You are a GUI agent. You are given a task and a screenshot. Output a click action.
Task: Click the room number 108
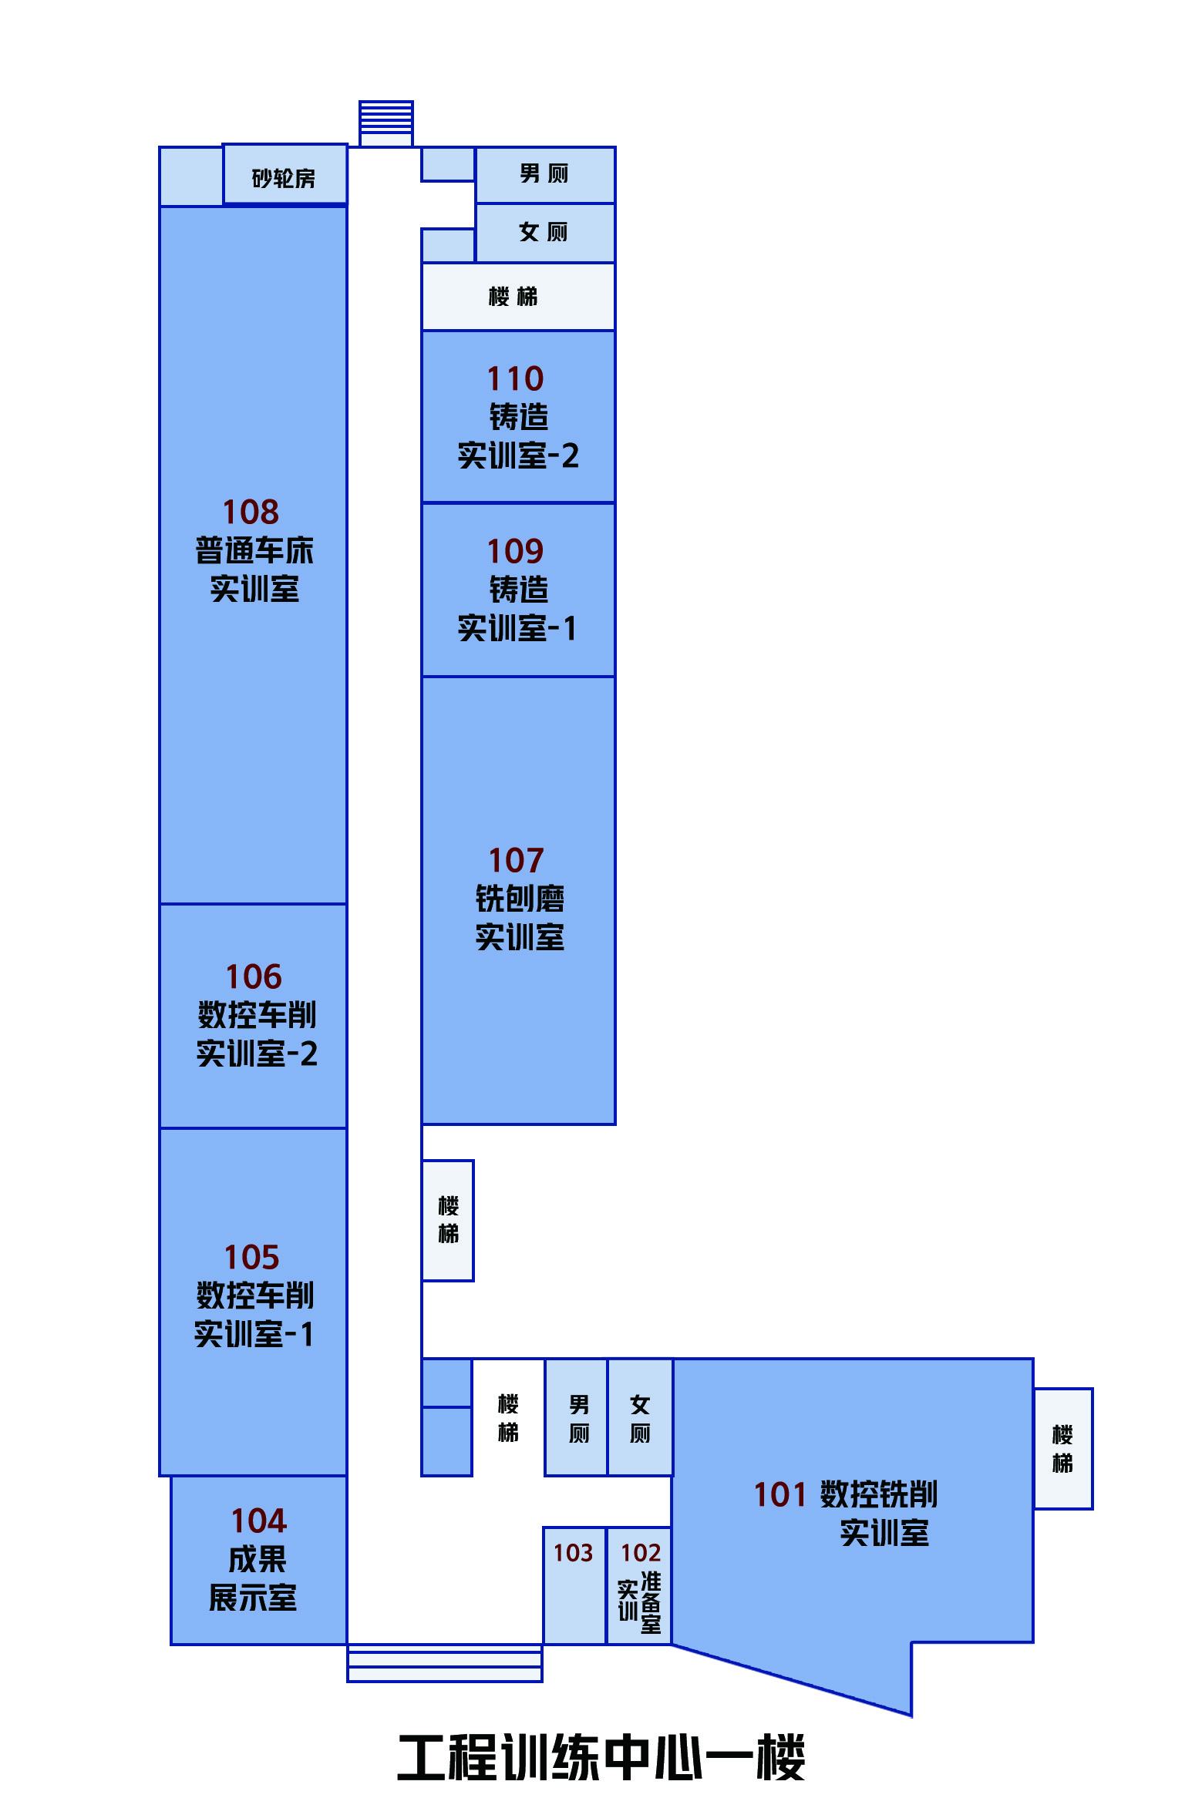point(251,512)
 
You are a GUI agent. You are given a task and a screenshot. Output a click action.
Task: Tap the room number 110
point(515,378)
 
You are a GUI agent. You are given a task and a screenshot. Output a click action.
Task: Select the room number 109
point(515,551)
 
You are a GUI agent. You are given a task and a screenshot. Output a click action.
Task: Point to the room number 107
point(517,860)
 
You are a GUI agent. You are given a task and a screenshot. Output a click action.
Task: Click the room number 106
point(254,976)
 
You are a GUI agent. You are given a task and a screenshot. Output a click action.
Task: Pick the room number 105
point(252,1257)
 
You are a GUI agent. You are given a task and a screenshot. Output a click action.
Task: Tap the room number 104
point(259,1521)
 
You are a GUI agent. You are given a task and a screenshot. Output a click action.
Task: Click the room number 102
point(641,1552)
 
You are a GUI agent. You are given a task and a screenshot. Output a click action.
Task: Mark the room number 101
point(779,1494)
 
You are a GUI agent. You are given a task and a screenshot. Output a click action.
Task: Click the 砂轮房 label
point(284,179)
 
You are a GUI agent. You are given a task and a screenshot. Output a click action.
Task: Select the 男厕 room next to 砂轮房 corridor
point(545,175)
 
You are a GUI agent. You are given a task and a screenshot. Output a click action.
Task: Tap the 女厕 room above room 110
point(545,233)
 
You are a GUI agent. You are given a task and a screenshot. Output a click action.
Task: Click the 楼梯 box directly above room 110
point(518,297)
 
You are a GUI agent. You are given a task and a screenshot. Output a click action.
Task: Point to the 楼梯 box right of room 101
point(1063,1449)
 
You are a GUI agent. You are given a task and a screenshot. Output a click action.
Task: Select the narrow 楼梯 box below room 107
point(448,1221)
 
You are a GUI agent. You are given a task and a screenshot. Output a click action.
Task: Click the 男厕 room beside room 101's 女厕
point(577,1418)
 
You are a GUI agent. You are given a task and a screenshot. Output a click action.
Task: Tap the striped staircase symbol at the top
point(386,123)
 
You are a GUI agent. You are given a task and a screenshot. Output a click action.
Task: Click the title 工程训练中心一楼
point(601,1759)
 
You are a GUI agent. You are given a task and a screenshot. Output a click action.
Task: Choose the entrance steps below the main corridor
point(445,1663)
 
